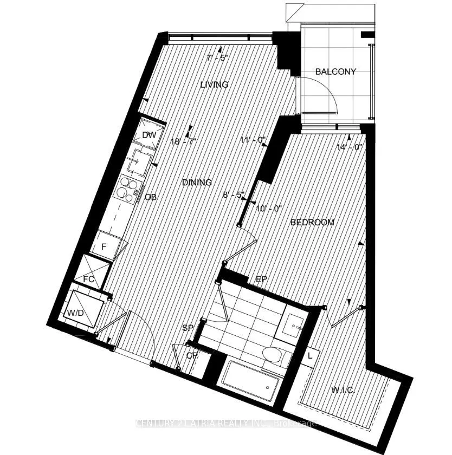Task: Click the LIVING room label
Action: click(214, 84)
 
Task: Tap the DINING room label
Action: click(197, 183)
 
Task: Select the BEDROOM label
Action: click(312, 222)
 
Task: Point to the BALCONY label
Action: click(336, 71)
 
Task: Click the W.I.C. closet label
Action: click(341, 390)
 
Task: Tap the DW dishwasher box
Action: click(149, 135)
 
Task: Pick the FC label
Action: click(89, 279)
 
